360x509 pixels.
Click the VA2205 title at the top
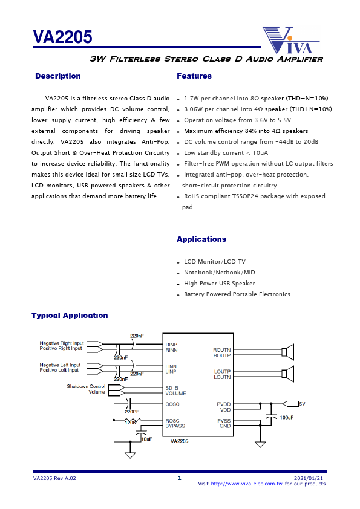tap(62, 38)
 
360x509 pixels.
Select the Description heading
tap(57, 76)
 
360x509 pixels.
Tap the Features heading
tap(194, 76)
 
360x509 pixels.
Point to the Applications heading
tap(201, 239)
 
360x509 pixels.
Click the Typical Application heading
tap(70, 316)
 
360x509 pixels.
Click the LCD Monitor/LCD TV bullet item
tap(215, 262)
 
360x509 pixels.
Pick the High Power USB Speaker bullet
tap(219, 284)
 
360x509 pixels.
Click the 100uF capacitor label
tap(287, 418)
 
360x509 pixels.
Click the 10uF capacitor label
tap(146, 439)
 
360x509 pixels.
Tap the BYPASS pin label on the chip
tap(175, 426)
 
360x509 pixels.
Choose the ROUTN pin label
tap(221, 350)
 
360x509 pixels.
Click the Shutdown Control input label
tap(85, 386)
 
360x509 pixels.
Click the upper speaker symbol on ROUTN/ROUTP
tap(289, 352)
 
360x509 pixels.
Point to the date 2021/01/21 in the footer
tap(311, 478)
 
